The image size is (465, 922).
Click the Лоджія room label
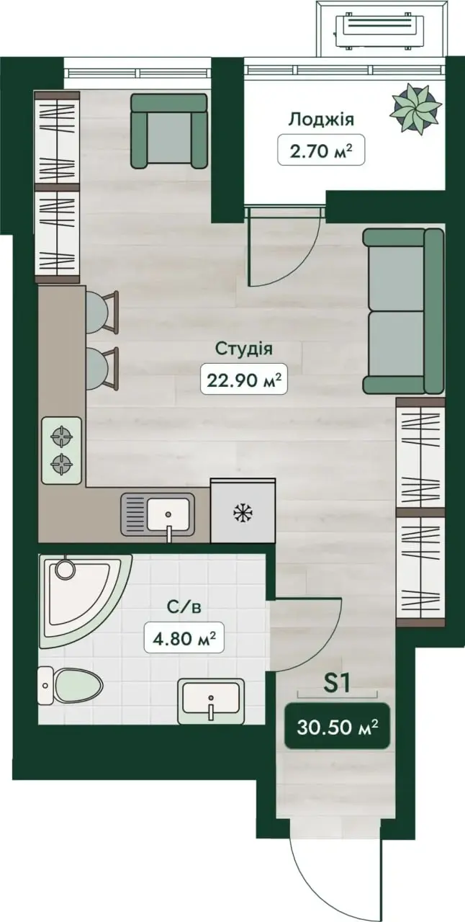pos(320,120)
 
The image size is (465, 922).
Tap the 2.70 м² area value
pos(321,151)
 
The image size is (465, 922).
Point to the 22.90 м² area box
pos(243,379)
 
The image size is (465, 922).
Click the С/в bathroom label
pos(184,607)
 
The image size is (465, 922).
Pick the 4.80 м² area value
pos(184,637)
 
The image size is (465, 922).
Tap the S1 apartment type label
pos(337,684)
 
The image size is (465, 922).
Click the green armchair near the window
pos(168,131)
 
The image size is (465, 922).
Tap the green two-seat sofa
pos(404,310)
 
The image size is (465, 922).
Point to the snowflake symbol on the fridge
pos(243,513)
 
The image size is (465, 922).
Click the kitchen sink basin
pos(168,514)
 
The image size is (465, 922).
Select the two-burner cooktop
pos(62,450)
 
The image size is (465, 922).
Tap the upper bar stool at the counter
pos(101,312)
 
